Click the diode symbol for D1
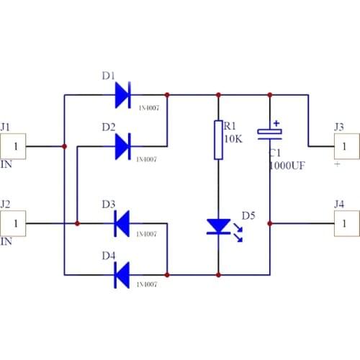[122, 94]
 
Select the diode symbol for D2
[122, 146]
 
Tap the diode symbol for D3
[122, 223]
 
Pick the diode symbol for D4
[122, 274]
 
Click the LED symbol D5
[217, 226]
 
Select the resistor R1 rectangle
[217, 140]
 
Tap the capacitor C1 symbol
[271, 133]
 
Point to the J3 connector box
[345, 146]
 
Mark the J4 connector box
[345, 223]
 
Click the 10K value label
[233, 138]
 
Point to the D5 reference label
[248, 215]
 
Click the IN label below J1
[6, 165]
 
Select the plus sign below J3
[336, 164]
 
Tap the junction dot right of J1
[65, 146]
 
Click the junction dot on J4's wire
[271, 223]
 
